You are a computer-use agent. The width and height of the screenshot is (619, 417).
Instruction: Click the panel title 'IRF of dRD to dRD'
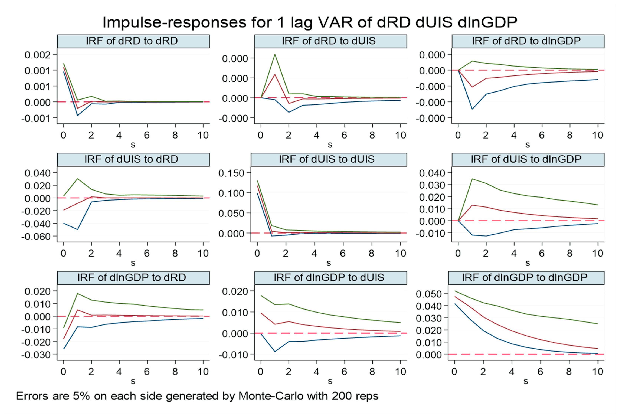click(132, 41)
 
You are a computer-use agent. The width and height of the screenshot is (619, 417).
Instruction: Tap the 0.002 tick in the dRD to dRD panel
click(37, 55)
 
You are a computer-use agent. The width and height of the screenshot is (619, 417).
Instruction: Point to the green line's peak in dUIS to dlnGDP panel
click(472, 179)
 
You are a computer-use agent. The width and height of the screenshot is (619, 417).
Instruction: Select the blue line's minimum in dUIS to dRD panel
click(77, 229)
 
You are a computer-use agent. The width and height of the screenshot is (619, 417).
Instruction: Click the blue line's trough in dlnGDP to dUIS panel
click(275, 352)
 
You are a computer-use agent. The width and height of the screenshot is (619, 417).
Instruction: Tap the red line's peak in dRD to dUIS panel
click(275, 74)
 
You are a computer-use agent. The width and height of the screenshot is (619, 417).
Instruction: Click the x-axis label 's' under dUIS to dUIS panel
click(329, 263)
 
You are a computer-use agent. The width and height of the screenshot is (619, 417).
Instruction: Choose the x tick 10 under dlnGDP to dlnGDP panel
click(597, 372)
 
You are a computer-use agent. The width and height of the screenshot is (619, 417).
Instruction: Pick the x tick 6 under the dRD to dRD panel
click(147, 135)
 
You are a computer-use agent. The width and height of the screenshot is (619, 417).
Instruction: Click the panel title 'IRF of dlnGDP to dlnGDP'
click(524, 277)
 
